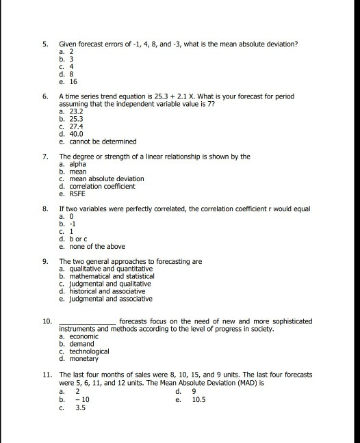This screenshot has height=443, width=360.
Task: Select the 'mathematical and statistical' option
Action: [108, 276]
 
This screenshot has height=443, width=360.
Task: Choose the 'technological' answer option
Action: [88, 351]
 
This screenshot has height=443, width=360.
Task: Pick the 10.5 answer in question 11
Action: [199, 400]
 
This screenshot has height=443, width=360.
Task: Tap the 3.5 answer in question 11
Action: [80, 409]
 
